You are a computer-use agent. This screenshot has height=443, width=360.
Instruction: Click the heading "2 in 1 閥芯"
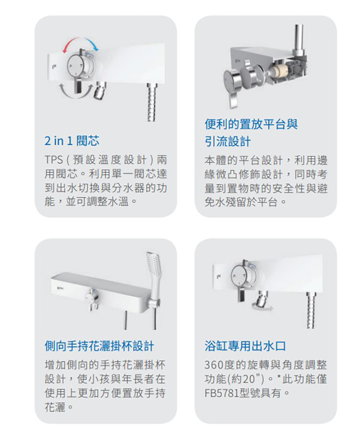click(x=72, y=141)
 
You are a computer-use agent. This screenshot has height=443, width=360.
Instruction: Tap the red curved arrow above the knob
click(x=71, y=45)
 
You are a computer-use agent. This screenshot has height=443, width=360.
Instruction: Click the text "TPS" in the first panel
click(x=54, y=160)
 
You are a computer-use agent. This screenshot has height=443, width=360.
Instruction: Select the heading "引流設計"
click(x=228, y=141)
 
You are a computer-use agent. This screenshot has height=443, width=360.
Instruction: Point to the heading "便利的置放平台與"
click(x=251, y=124)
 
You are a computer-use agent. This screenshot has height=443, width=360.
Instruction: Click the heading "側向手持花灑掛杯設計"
click(x=99, y=346)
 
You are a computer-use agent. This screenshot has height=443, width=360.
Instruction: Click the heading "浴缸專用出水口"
click(x=245, y=346)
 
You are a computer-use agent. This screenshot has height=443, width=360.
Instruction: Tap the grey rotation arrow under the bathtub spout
click(x=263, y=307)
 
